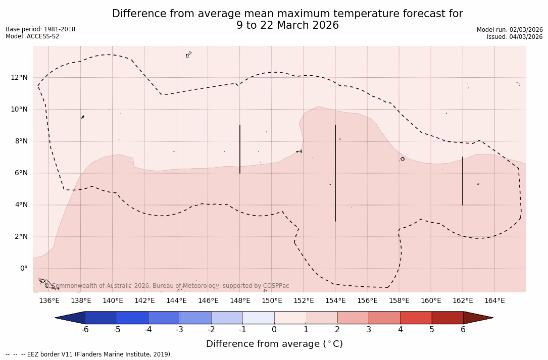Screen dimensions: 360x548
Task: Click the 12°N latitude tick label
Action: (19, 77)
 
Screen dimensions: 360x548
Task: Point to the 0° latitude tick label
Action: (23, 269)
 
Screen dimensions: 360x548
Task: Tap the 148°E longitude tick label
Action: (240, 301)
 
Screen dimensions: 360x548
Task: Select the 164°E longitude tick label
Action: (494, 301)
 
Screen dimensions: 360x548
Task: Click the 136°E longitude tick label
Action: (49, 301)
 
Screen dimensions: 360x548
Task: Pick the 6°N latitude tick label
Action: (21, 173)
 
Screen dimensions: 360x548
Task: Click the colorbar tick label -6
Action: (85, 330)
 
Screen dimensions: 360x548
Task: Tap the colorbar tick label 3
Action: (369, 330)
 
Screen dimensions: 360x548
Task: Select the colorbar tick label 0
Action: (274, 330)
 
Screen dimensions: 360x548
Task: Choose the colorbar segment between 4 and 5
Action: (416, 318)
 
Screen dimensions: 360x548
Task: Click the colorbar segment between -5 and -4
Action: (132, 318)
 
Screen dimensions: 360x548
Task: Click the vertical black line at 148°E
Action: (240, 149)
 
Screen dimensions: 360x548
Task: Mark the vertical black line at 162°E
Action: (463, 181)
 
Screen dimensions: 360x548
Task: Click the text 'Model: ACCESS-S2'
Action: (32, 36)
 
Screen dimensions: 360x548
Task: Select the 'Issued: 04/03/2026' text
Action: (515, 37)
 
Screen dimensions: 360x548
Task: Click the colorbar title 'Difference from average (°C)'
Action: (274, 344)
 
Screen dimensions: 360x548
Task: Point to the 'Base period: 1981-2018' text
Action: (40, 29)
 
